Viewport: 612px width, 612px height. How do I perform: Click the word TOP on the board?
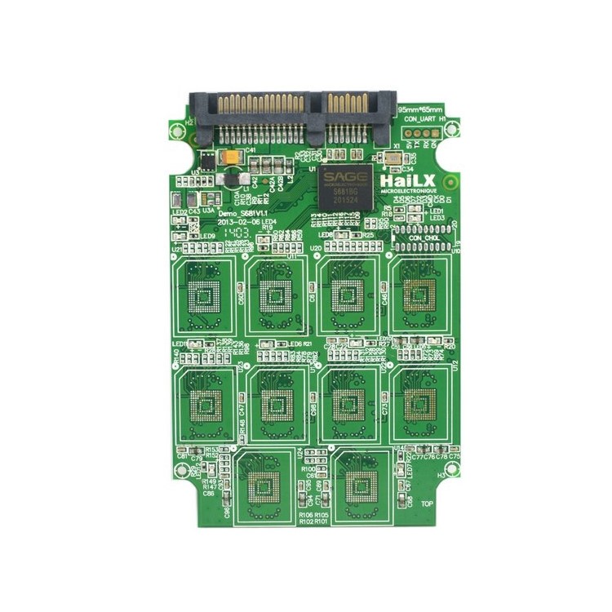(427, 503)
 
